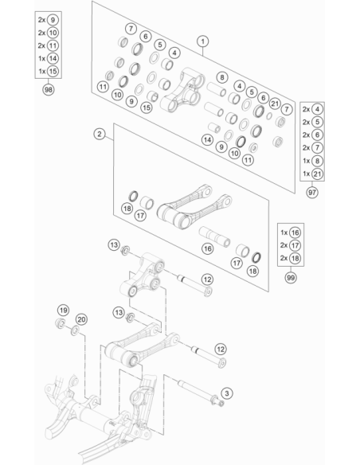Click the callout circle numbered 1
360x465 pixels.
coord(203,41)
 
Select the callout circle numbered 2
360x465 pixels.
coord(100,134)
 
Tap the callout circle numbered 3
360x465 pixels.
coord(227,393)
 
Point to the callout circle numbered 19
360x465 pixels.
coord(63,311)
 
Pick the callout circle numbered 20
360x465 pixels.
coord(81,319)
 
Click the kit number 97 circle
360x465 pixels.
coord(312,193)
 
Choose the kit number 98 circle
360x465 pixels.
coord(49,89)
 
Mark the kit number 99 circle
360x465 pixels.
coord(291,278)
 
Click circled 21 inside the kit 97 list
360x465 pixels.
coord(317,174)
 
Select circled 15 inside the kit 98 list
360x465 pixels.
coord(53,71)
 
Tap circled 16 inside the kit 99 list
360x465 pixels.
coord(295,232)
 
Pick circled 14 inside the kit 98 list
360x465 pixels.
coord(53,58)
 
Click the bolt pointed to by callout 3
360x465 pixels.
coord(201,393)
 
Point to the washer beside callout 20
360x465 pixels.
coord(75,330)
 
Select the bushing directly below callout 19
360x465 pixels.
coord(61,323)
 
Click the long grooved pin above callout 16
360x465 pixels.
coord(214,236)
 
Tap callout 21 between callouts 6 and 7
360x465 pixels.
coord(275,104)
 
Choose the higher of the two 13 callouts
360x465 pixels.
coord(114,245)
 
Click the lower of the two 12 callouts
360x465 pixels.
coord(221,349)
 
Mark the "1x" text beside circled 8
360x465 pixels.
coord(306,161)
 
